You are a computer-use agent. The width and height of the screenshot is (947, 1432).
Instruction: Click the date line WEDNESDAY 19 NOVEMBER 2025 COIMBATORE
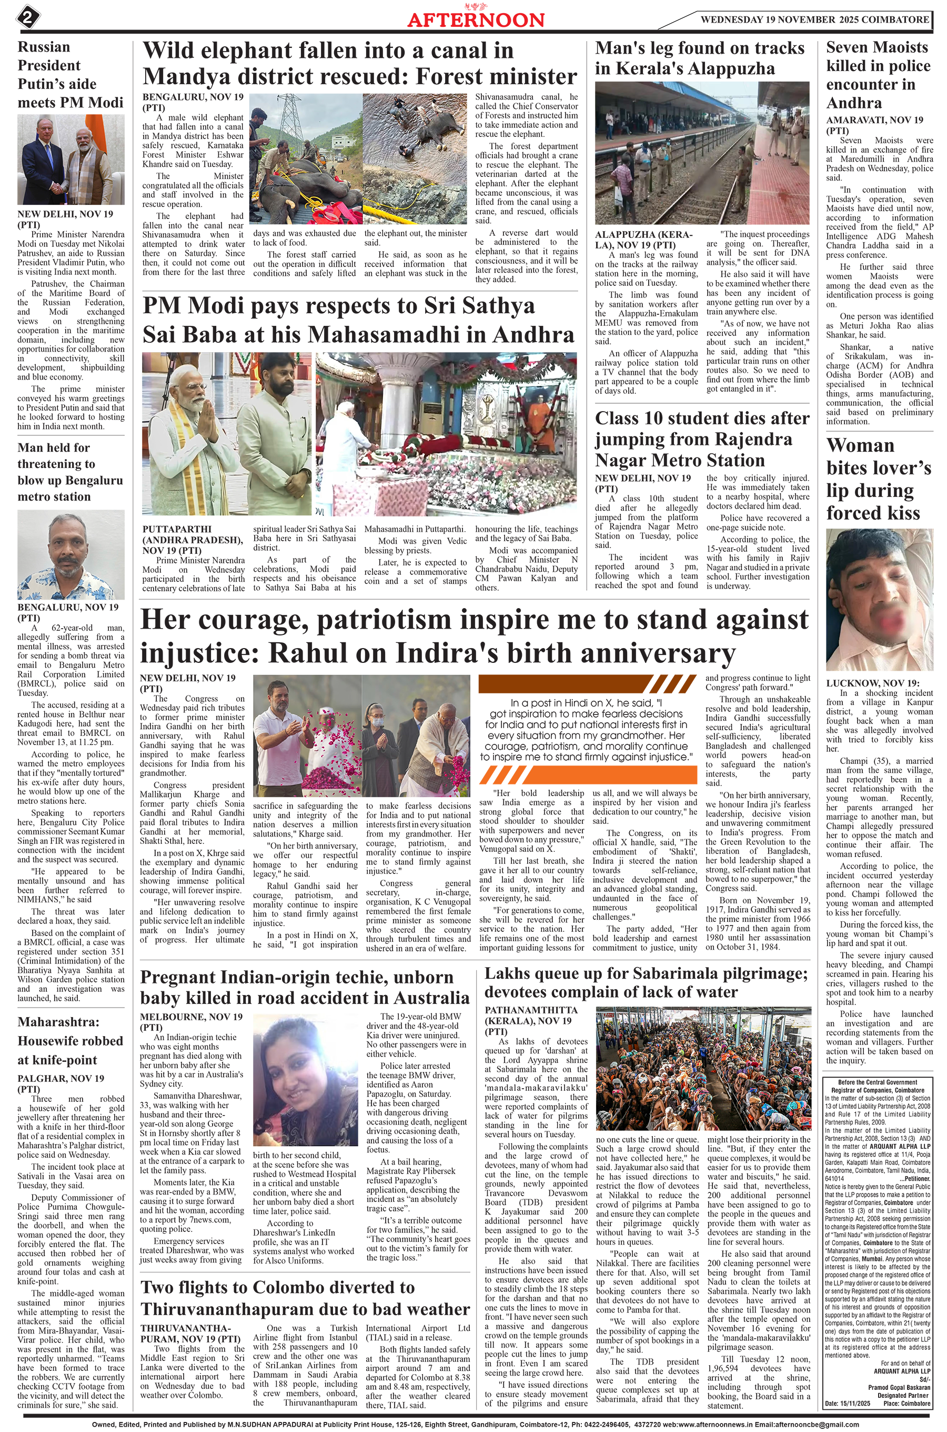(x=814, y=19)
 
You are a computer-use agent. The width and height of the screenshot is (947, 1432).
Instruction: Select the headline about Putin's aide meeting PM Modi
(x=70, y=74)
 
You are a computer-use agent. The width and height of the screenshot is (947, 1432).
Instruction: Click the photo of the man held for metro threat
(x=70, y=553)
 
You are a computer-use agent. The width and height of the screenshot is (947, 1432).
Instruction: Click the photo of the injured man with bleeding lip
(x=879, y=600)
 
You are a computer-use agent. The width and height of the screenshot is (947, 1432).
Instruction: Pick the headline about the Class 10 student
(x=702, y=439)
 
